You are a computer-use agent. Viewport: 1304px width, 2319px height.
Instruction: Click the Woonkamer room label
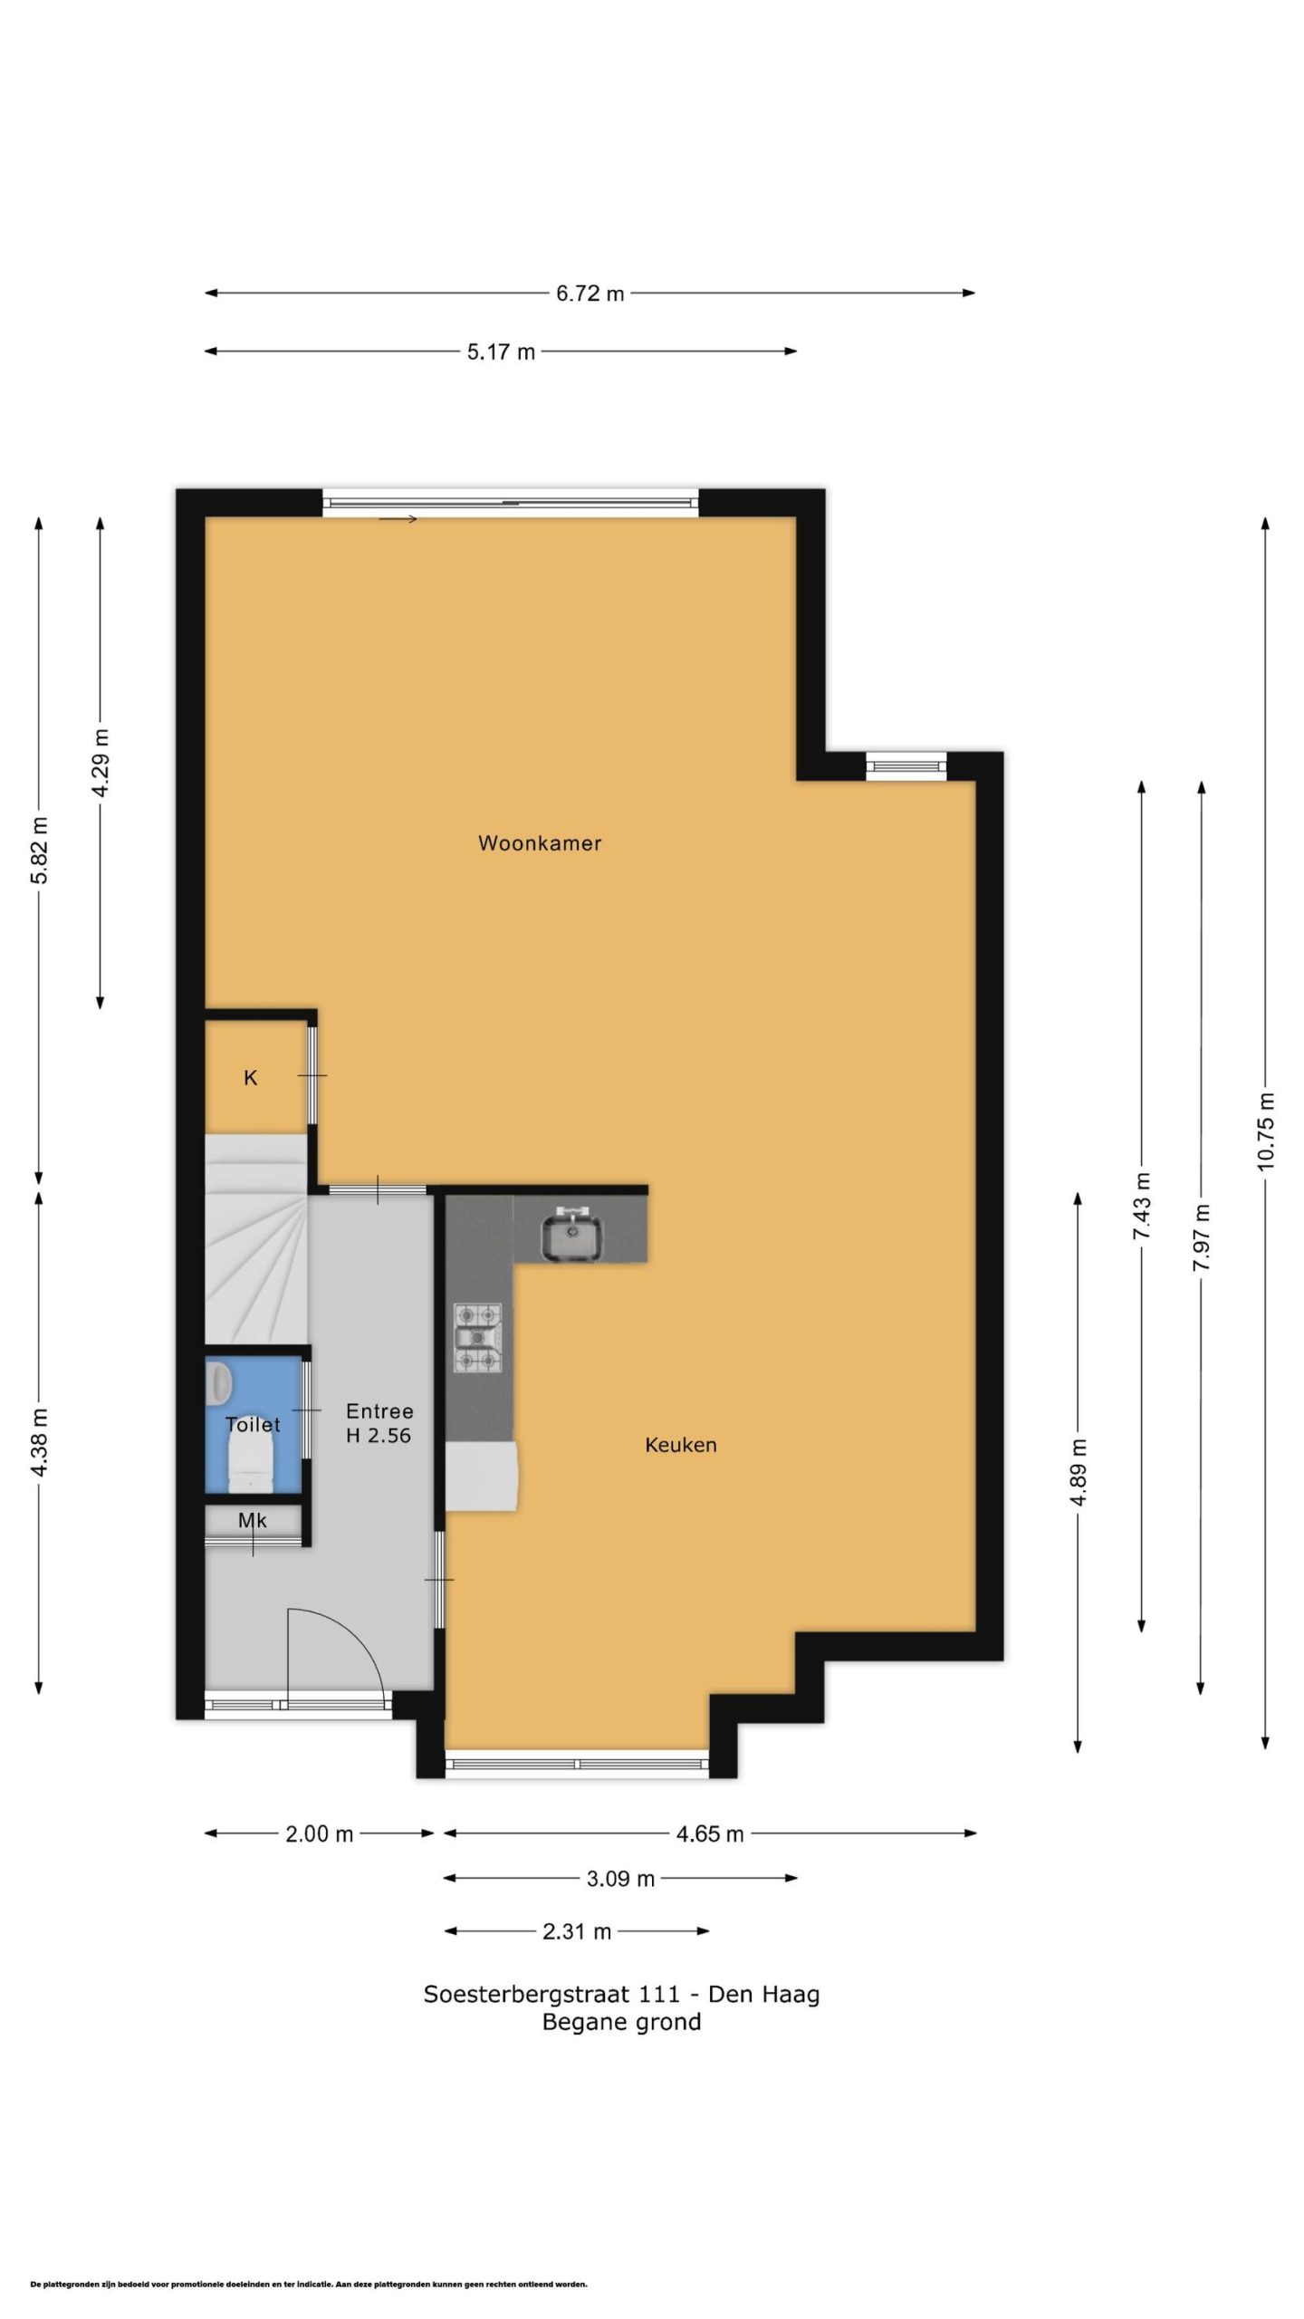point(540,843)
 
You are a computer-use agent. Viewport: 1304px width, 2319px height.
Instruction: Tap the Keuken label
point(681,1445)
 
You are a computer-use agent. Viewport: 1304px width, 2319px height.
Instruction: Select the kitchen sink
point(571,1236)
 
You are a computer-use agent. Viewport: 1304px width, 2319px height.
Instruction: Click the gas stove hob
point(477,1337)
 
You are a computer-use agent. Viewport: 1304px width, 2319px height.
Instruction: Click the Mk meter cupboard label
point(253,1521)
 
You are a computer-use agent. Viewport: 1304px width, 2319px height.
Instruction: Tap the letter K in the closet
point(251,1078)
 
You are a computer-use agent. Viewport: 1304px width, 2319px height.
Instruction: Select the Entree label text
point(379,1411)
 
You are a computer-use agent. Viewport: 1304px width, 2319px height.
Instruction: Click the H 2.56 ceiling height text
point(379,1435)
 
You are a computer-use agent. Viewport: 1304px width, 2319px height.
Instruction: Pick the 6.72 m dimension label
point(590,293)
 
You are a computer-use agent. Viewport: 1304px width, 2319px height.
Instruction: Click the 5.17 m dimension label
point(502,351)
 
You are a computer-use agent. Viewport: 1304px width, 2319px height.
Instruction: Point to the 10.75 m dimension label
point(1266,1131)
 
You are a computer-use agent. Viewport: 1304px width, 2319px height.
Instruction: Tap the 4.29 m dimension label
point(101,763)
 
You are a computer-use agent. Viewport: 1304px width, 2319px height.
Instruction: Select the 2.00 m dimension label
point(320,1834)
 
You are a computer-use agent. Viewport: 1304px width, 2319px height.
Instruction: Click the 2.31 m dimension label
point(577,1931)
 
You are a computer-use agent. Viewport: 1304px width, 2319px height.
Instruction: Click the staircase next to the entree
point(256,1241)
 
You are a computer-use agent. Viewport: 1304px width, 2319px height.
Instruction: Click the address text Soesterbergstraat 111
point(551,1995)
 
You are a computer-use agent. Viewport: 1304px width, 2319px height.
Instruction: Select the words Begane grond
point(622,2023)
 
